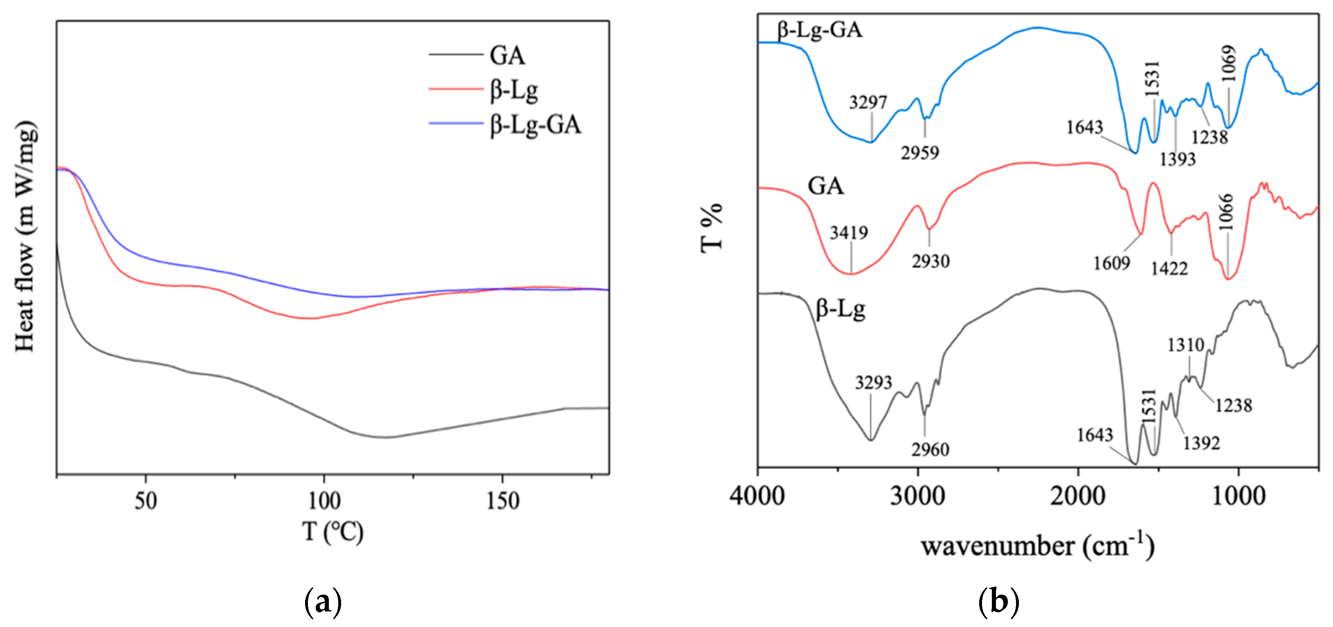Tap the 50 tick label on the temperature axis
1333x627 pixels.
click(145, 501)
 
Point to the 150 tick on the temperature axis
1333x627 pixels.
click(502, 501)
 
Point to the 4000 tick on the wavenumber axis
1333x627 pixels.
click(757, 496)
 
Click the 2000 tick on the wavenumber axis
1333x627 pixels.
click(1078, 496)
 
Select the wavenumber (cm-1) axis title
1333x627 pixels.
click(1037, 546)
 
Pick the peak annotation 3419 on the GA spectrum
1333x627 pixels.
click(849, 233)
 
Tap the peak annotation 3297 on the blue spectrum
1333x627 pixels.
click(868, 102)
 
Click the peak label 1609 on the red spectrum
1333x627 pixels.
click(1111, 263)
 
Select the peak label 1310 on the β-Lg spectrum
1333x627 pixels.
click(1186, 344)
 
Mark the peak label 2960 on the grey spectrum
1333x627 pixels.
click(930, 449)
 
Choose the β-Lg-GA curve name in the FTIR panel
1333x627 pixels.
click(820, 29)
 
